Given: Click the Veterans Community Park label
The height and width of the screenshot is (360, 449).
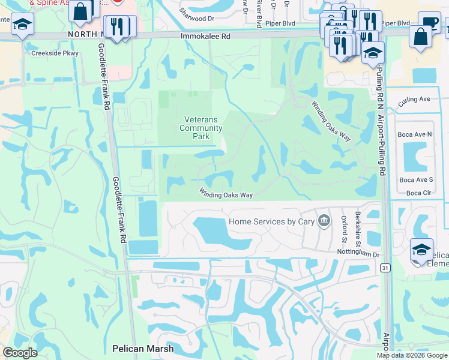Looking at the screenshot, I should tap(201, 128).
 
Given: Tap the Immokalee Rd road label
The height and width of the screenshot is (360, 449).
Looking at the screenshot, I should tap(206, 37).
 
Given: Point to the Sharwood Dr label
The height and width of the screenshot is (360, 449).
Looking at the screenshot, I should tap(197, 19).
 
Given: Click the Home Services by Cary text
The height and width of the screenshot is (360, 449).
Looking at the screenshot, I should tap(272, 221).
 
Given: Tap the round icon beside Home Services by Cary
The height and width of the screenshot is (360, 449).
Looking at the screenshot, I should tap(325, 221).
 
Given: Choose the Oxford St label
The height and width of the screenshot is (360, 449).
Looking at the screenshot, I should tap(343, 229).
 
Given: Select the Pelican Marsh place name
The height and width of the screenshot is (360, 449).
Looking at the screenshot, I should tap(143, 349).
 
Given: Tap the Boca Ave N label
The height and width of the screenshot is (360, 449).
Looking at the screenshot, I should tap(416, 135).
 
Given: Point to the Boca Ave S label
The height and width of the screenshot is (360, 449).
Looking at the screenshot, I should tap(416, 180).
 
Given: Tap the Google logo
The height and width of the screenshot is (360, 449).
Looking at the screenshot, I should tap(20, 352).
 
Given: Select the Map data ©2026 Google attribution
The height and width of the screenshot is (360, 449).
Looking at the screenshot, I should tap(411, 356).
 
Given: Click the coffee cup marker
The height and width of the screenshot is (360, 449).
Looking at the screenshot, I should tap(429, 22).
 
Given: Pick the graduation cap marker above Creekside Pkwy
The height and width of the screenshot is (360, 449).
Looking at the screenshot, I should tap(23, 25).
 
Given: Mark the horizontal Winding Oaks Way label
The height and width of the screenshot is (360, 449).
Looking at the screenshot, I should tap(226, 194).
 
